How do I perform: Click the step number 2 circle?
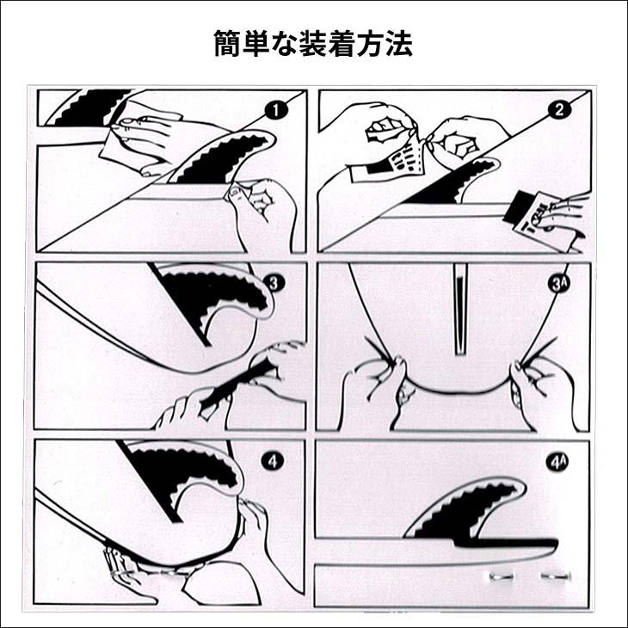[x=559, y=109]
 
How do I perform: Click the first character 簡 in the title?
[x=225, y=43]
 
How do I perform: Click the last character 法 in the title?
[x=400, y=43]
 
